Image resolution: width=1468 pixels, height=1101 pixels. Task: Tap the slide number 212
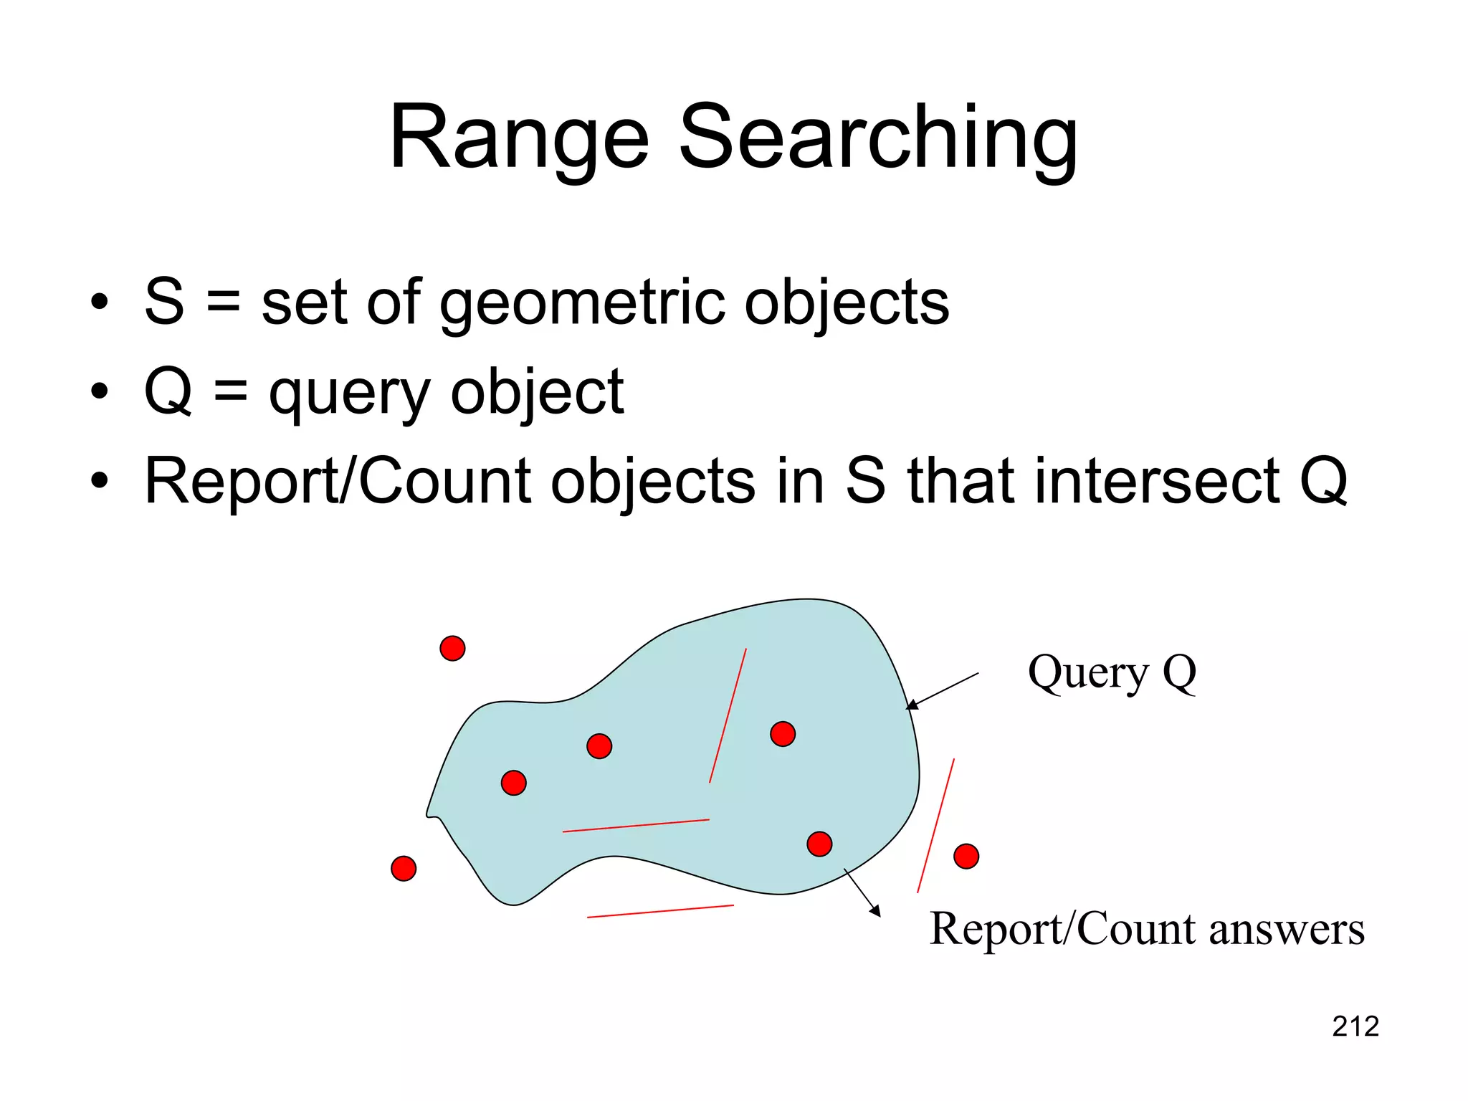[1355, 1026]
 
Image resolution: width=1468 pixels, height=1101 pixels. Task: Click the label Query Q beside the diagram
[1112, 672]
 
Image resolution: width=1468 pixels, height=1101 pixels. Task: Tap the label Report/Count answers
[1146, 929]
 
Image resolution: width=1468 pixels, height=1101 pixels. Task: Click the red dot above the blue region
[452, 648]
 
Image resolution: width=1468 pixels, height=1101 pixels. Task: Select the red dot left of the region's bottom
[404, 868]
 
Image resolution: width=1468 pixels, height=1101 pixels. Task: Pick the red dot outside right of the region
[966, 856]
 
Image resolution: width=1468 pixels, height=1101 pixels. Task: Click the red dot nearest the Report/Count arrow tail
[819, 844]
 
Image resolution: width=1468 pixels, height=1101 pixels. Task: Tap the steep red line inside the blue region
[728, 715]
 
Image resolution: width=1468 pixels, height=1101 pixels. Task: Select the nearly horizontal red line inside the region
[636, 825]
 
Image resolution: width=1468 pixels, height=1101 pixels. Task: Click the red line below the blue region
[660, 911]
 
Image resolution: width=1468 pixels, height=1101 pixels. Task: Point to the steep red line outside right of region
[935, 826]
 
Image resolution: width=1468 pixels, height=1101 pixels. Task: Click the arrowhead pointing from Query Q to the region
[911, 706]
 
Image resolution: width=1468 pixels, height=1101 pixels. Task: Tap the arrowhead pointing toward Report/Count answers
[875, 911]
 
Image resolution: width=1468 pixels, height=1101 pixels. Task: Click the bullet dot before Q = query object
[100, 391]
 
